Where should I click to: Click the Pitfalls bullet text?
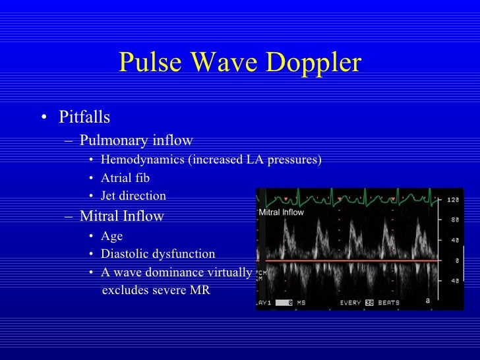84,117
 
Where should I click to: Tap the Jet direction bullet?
133,196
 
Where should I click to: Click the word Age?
111,235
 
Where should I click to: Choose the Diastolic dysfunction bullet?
158,254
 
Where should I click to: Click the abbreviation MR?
200,290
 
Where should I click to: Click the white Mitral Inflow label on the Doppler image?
282,212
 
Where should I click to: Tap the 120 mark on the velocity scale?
453,200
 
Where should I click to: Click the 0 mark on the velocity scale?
456,261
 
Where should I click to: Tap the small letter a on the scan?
428,301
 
